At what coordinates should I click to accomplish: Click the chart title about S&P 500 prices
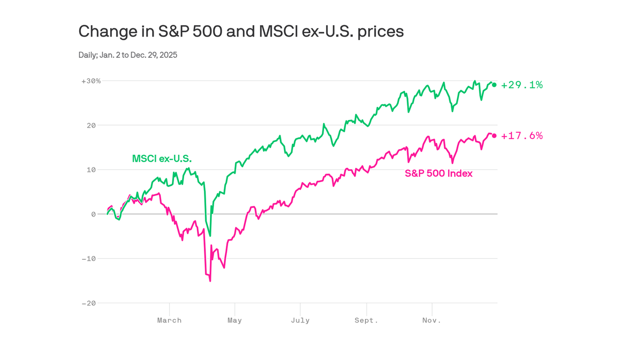point(241,31)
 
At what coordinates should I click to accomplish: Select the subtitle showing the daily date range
point(128,55)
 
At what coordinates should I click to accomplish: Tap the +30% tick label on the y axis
point(91,81)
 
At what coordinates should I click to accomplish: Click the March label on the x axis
point(169,321)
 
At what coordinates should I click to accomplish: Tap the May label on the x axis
point(235,321)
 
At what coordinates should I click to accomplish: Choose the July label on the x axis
point(300,321)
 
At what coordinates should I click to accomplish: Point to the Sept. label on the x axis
point(366,321)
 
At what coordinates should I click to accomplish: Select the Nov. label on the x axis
point(432,321)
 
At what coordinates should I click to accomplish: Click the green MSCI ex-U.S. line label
point(162,159)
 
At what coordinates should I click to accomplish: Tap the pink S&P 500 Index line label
point(439,173)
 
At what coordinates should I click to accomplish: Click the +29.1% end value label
point(521,85)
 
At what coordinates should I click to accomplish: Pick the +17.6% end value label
point(521,136)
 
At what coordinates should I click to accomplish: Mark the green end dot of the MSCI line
point(494,85)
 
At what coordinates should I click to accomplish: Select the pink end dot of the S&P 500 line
point(494,136)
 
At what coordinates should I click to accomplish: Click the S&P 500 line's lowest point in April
point(210,281)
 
